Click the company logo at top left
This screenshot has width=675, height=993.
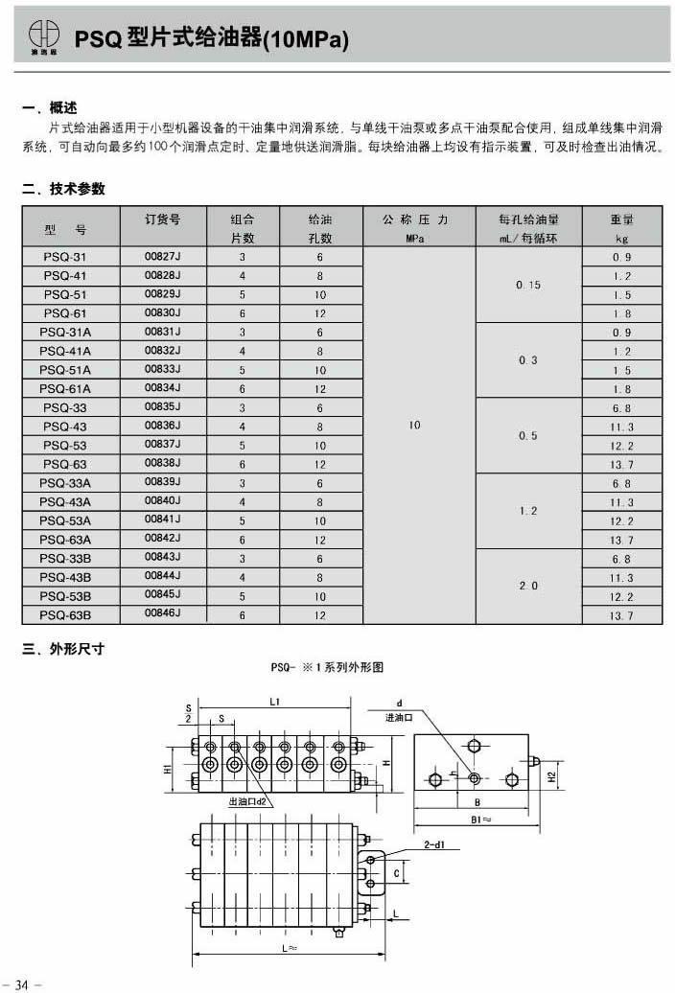tap(42, 35)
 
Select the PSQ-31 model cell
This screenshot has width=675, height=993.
tap(64, 257)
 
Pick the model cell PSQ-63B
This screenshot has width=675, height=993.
tap(64, 614)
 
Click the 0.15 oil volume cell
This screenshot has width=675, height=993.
tap(527, 285)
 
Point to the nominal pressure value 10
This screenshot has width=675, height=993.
tap(414, 425)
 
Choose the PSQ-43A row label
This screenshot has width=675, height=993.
tap(64, 501)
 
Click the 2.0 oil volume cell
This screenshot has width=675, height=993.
tap(527, 585)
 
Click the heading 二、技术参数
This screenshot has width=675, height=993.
tap(63, 189)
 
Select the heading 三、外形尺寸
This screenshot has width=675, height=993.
tap(63, 649)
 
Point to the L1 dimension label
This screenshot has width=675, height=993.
tap(273, 703)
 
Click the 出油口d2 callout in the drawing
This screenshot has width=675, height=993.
tap(246, 799)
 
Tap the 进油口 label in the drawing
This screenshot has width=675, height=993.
tap(397, 717)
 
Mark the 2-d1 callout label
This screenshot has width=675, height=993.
tap(435, 844)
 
